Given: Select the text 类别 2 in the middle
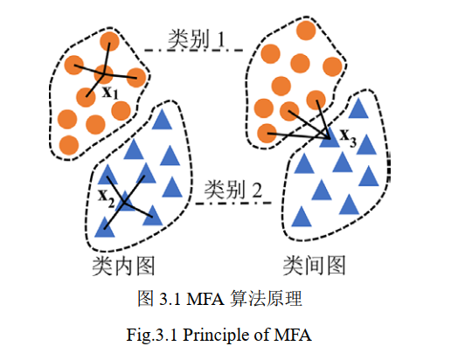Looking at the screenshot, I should coord(232,190).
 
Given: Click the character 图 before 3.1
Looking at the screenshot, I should coord(146,299).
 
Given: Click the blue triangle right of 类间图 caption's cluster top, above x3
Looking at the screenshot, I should coord(357,110).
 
